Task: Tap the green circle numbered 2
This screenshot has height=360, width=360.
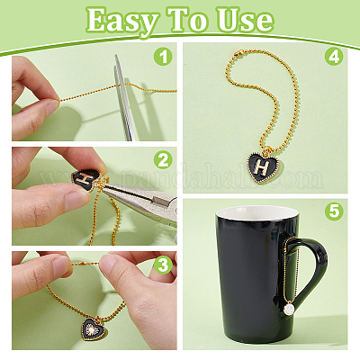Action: tap(163, 160)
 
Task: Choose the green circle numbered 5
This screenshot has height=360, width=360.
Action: tap(335, 212)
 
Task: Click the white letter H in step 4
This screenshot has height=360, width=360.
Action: tap(263, 166)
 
